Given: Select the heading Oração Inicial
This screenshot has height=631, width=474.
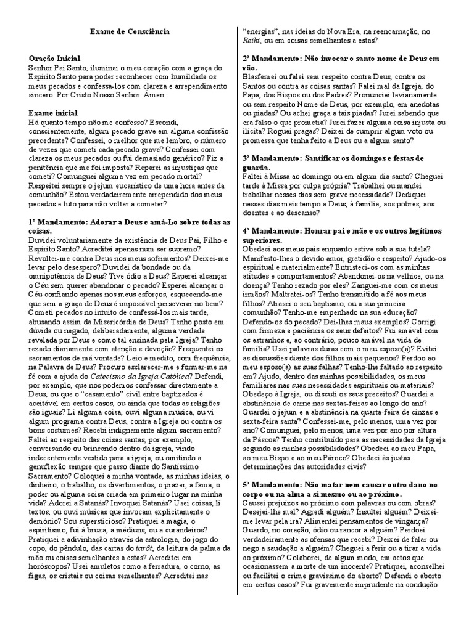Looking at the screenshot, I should [x=55, y=57].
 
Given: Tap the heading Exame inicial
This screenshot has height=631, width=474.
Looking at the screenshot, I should [x=53, y=113].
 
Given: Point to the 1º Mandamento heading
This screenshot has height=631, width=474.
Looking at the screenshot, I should [x=129, y=222].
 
